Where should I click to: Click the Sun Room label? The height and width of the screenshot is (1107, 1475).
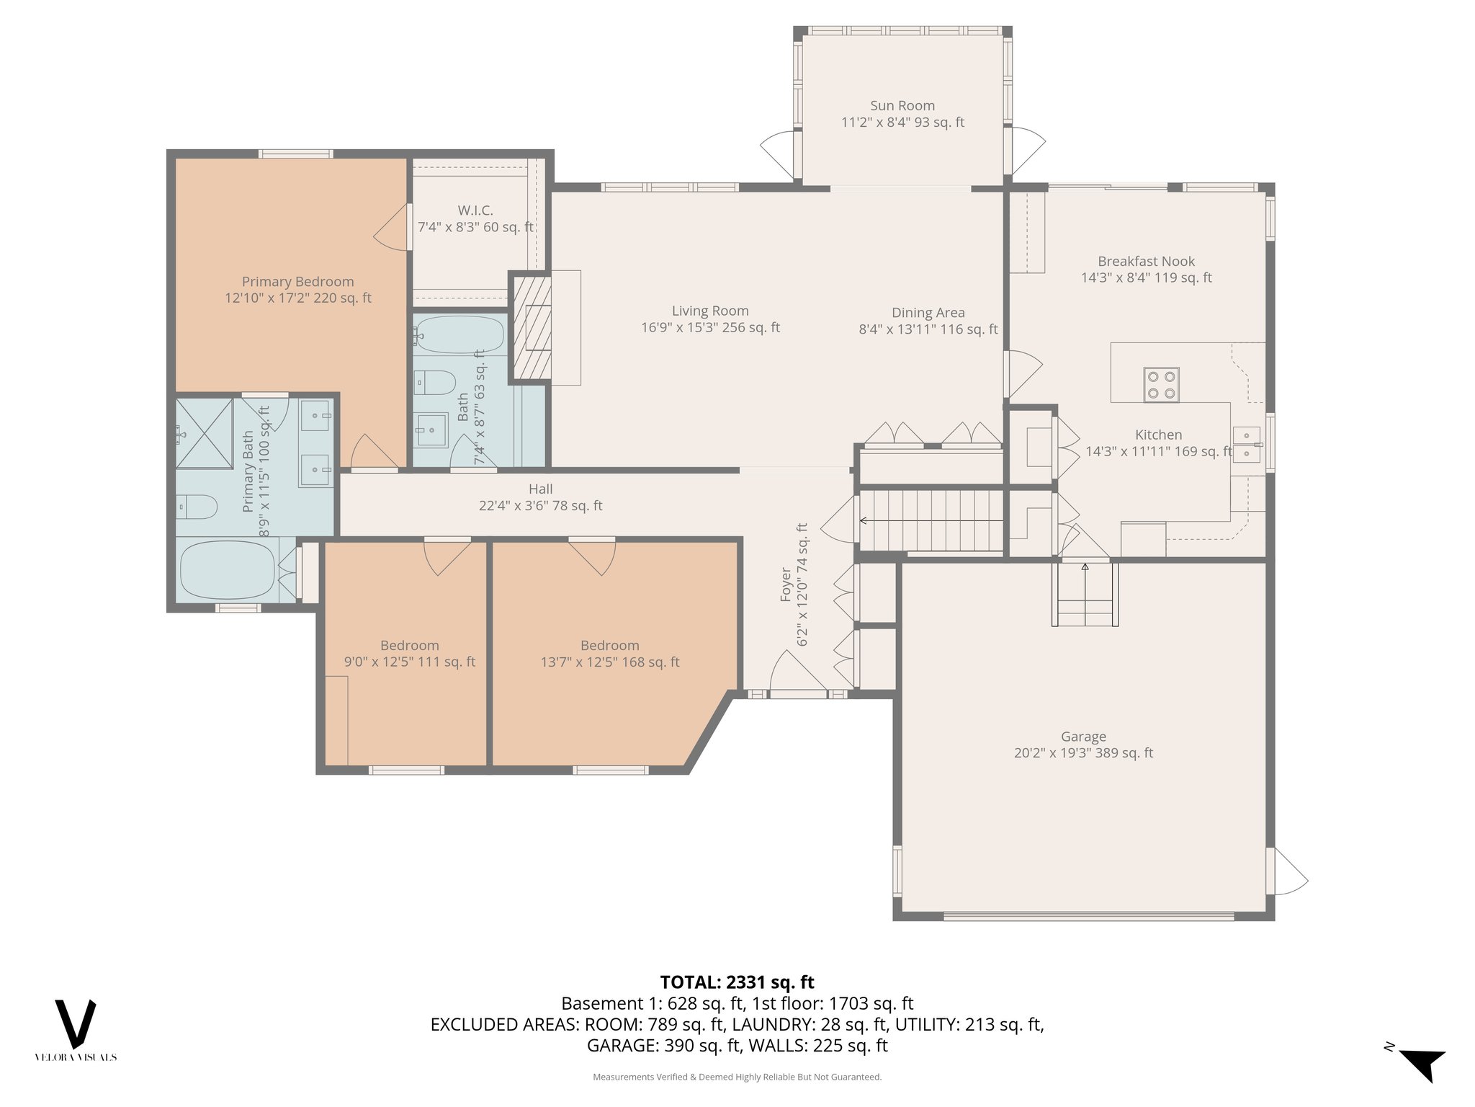pos(902,106)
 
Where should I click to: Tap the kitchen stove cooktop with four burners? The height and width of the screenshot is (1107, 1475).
pos(1161,385)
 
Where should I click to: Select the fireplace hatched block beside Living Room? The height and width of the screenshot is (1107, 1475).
pos(531,329)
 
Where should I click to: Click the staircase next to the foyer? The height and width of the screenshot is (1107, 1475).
pos(931,520)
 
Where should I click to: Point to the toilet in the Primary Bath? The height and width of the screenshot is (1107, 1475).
pos(197,507)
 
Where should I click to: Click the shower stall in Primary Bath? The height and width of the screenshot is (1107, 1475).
pos(205,432)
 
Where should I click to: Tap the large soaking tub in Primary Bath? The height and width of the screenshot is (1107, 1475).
pos(227,570)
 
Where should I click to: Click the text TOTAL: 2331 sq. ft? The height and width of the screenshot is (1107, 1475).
pos(737,982)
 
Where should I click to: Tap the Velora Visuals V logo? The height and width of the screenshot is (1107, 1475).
pos(76,1024)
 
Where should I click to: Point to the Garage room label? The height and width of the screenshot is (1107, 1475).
pos(1083,737)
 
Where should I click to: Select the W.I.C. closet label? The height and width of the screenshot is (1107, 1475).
pos(475,210)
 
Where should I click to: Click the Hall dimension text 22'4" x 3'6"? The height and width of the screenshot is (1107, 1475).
pos(540,506)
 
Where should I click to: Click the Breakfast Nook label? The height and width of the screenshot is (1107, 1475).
pos(1146,262)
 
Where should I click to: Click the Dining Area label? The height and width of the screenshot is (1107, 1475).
pos(928,313)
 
